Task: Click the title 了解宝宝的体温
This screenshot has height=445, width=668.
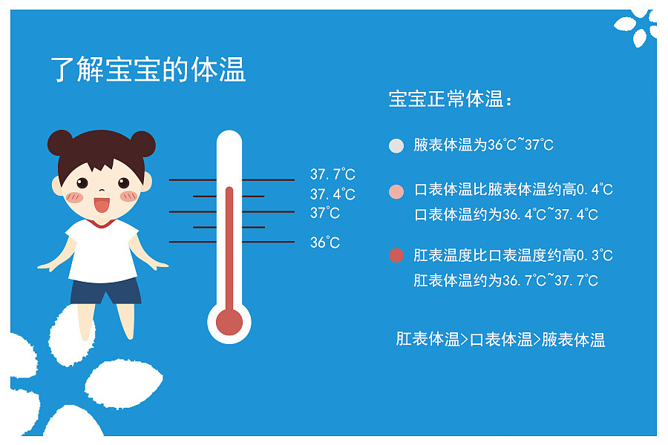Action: tap(148, 69)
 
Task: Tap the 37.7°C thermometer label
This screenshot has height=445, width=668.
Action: tap(333, 175)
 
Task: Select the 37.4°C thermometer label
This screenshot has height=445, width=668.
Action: tap(333, 195)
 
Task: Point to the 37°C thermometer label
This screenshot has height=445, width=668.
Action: tap(325, 214)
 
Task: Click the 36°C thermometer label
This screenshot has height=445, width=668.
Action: tap(325, 243)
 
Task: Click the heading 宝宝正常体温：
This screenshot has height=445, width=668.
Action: tap(451, 99)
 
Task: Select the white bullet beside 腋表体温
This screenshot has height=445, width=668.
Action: tap(396, 145)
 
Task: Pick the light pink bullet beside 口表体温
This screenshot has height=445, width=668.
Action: tap(396, 191)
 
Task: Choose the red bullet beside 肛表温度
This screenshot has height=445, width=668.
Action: tap(396, 256)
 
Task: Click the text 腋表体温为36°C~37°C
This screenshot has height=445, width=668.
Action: tap(484, 145)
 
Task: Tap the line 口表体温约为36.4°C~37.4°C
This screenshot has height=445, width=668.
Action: tap(506, 215)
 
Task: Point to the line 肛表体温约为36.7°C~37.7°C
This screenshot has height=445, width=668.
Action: tap(506, 281)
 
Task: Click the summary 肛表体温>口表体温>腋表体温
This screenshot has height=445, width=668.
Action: tap(500, 340)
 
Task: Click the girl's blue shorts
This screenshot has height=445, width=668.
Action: tap(105, 291)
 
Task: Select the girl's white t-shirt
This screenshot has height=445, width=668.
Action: tap(103, 249)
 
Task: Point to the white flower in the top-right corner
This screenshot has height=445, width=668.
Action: tap(637, 27)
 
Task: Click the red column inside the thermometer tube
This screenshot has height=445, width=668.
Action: tap(229, 245)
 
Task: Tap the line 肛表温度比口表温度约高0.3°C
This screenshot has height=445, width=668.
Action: tap(514, 256)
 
